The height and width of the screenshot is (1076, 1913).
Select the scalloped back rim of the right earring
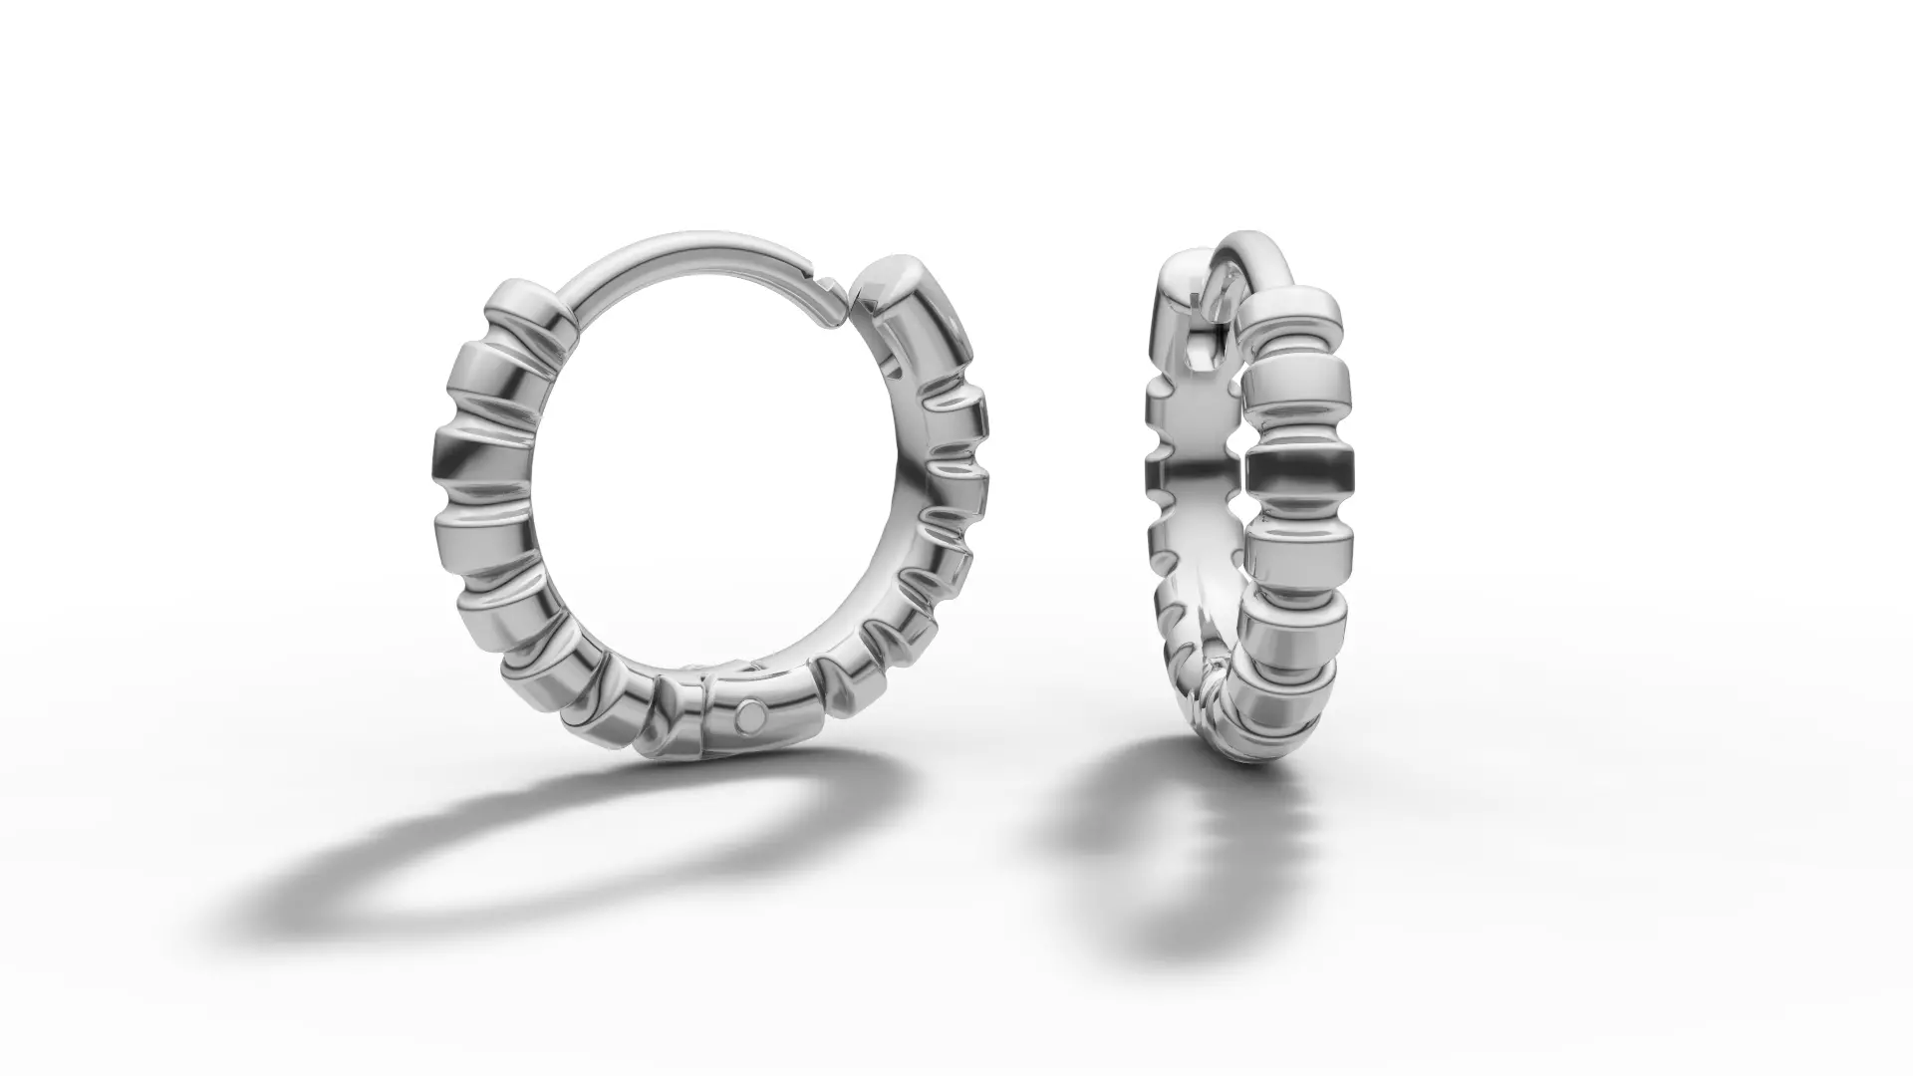point(1161,468)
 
